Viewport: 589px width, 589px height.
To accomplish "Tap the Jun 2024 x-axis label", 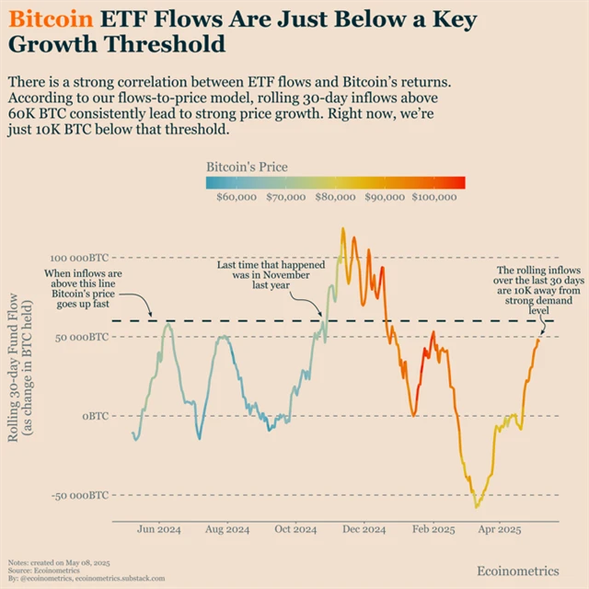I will pos(157,530).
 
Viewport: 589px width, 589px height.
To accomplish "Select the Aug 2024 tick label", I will pos(226,530).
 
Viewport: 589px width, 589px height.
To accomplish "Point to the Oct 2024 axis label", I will pos(295,530).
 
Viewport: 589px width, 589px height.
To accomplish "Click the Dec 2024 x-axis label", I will pos(364,530).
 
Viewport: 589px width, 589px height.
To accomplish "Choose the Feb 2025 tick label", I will pos(433,530).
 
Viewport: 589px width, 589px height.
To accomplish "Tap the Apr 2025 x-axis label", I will pos(499,530).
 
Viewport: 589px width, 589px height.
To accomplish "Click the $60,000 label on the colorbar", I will pos(236,196).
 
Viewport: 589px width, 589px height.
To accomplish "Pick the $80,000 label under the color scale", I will pos(335,196).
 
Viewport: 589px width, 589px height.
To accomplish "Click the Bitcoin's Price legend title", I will pos(247,167).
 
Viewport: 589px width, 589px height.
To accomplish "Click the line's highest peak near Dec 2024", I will pos(343,229).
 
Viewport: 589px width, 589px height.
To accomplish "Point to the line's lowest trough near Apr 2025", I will pos(476,506).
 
